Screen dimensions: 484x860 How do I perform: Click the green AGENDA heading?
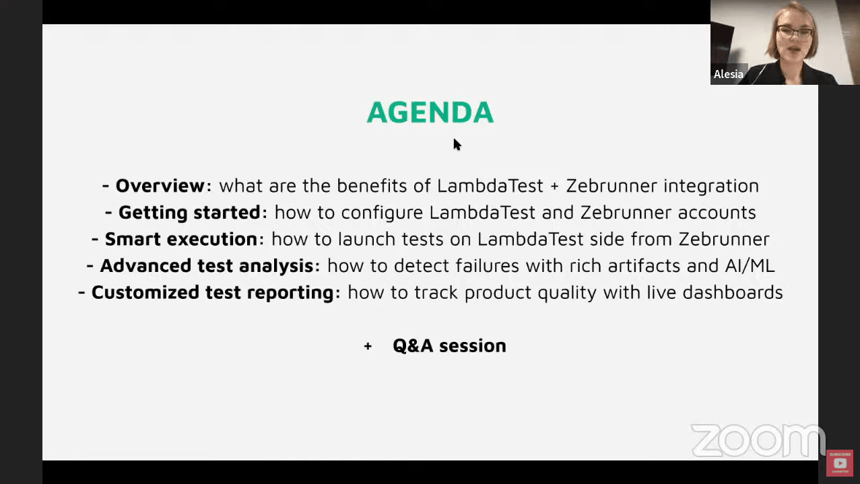(x=430, y=112)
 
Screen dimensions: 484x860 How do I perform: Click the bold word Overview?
(x=160, y=186)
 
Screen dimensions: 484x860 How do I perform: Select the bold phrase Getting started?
(x=189, y=213)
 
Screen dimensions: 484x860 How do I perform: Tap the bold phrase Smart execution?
(x=180, y=239)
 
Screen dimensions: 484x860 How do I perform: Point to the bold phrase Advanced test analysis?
(x=206, y=266)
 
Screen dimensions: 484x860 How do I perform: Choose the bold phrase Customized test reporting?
(x=212, y=293)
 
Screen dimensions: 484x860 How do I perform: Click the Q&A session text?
(x=449, y=345)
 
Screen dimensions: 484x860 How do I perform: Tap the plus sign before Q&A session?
(x=368, y=346)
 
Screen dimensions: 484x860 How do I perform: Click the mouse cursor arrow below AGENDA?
(x=457, y=144)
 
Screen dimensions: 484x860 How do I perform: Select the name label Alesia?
(x=728, y=74)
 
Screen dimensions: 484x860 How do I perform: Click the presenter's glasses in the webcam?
(x=795, y=32)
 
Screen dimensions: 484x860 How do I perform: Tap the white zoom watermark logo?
(x=757, y=440)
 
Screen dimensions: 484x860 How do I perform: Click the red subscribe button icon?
(x=839, y=462)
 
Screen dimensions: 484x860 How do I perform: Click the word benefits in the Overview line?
(x=376, y=186)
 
